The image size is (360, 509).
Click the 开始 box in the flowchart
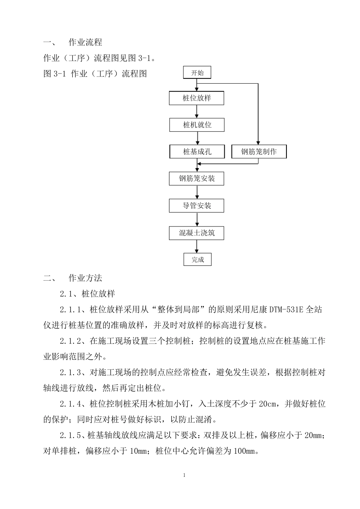click(x=197, y=72)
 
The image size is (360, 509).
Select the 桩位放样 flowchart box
click(x=197, y=98)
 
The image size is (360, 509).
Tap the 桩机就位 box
click(x=197, y=125)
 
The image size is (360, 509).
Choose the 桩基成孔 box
click(x=197, y=151)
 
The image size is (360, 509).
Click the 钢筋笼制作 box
click(x=259, y=151)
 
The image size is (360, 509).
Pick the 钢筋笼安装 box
click(x=197, y=179)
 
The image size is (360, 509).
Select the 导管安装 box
click(x=197, y=206)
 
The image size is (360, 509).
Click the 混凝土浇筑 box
click(x=197, y=233)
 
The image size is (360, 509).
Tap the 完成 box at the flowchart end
click(x=197, y=259)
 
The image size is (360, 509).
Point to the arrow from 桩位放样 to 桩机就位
click(x=197, y=112)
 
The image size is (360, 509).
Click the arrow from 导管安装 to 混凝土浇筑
click(x=197, y=219)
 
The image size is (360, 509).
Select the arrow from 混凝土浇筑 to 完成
click(x=197, y=247)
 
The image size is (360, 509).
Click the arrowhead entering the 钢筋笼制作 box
click(x=258, y=143)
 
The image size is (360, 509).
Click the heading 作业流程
click(x=85, y=42)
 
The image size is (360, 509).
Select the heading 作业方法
click(x=85, y=278)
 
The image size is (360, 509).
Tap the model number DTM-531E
click(x=286, y=310)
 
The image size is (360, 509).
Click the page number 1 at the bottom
click(x=184, y=475)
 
